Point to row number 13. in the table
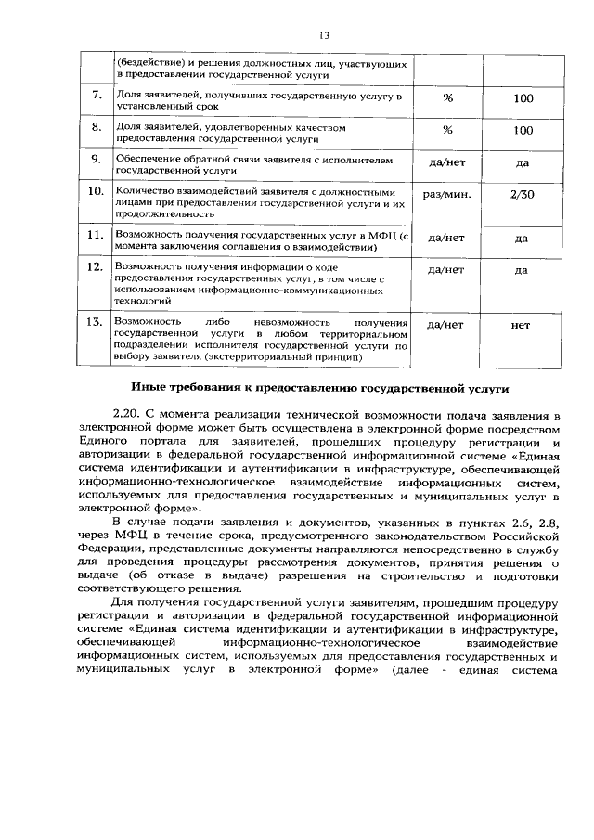click(x=96, y=322)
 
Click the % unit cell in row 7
click(x=447, y=97)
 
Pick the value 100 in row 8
click(x=523, y=130)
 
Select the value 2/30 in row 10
click(x=523, y=194)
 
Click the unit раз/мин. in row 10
click(x=447, y=194)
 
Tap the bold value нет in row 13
click(x=522, y=325)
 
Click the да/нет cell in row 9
click(x=446, y=162)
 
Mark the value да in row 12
click(x=522, y=270)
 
